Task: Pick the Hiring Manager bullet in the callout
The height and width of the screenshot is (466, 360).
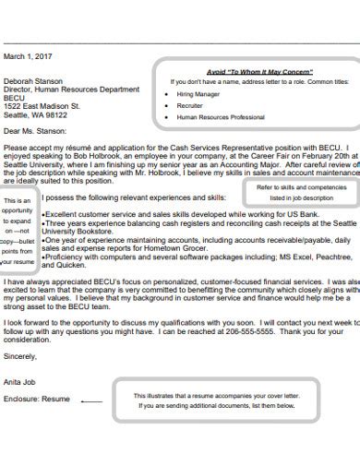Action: [x=199, y=94]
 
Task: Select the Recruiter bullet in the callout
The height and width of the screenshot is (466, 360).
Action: [x=190, y=106]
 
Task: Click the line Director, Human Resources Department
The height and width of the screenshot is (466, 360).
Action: [x=73, y=89]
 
